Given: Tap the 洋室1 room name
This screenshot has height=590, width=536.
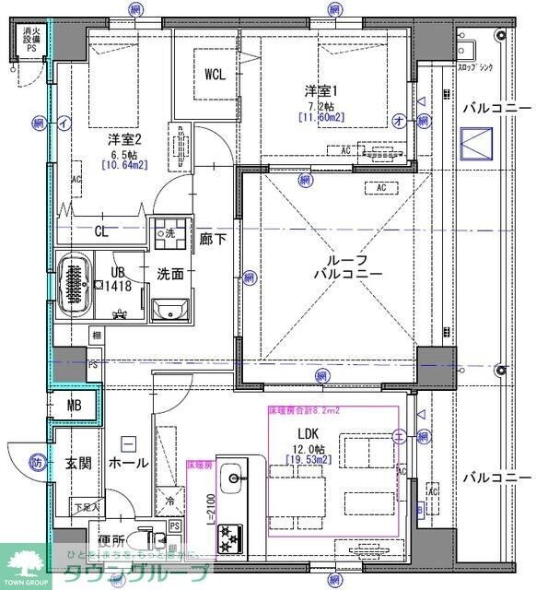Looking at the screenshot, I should (x=322, y=90).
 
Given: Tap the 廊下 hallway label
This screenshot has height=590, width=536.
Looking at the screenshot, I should (x=214, y=238).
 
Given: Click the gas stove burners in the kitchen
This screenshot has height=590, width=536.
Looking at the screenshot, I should (x=228, y=539).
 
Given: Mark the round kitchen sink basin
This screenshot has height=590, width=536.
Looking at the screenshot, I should (x=235, y=478).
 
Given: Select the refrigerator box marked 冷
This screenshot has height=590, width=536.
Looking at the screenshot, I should (x=171, y=501).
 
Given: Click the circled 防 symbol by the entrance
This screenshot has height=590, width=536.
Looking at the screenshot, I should (x=35, y=463).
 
